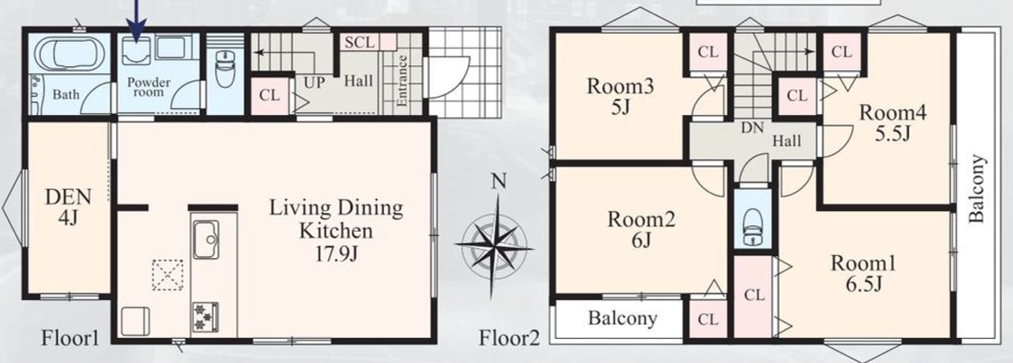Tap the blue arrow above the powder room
(137, 20)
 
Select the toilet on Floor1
(225, 68)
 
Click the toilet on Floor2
(753, 226)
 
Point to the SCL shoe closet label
(360, 43)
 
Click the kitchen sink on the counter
(206, 239)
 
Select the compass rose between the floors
(495, 245)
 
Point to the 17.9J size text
(336, 254)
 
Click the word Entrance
(402, 80)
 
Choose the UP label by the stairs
(314, 82)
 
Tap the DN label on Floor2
(752, 128)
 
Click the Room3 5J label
(620, 97)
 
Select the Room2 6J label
(642, 229)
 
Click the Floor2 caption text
(509, 338)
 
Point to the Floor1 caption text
(70, 338)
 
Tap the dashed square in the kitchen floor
(167, 274)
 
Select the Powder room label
(149, 87)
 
